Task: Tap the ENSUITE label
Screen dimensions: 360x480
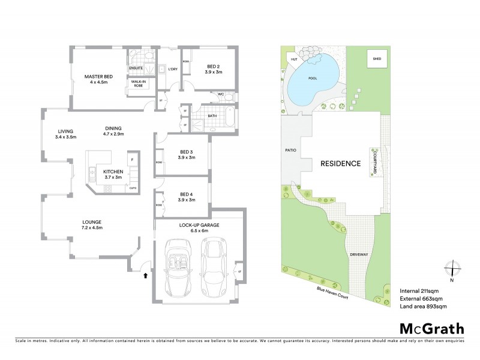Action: (x=136, y=68)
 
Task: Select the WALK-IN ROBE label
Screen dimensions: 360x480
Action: (x=139, y=83)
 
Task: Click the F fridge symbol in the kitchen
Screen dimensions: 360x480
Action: (x=133, y=158)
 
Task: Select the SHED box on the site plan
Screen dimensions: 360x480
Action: (x=377, y=59)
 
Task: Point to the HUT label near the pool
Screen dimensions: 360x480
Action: (x=294, y=59)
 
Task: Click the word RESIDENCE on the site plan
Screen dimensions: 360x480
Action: (x=340, y=163)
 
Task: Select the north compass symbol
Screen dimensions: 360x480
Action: (x=451, y=271)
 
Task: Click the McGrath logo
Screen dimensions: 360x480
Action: (x=431, y=328)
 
